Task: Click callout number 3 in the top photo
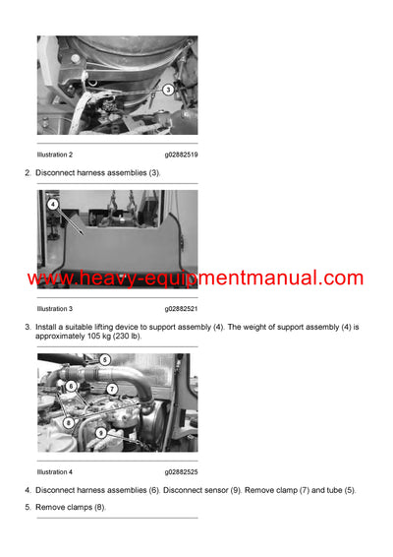[x=168, y=90]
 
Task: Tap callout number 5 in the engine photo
[x=105, y=360]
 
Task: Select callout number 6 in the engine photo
[x=72, y=385]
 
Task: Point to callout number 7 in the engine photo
[x=113, y=389]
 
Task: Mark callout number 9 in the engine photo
[x=101, y=432]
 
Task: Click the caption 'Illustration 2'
[x=55, y=155]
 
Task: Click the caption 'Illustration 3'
[x=55, y=309]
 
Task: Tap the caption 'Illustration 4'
[x=55, y=471]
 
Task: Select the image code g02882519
[x=184, y=155]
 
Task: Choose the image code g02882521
[x=184, y=309]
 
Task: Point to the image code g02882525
[x=184, y=471]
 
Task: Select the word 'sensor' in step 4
[x=213, y=490]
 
